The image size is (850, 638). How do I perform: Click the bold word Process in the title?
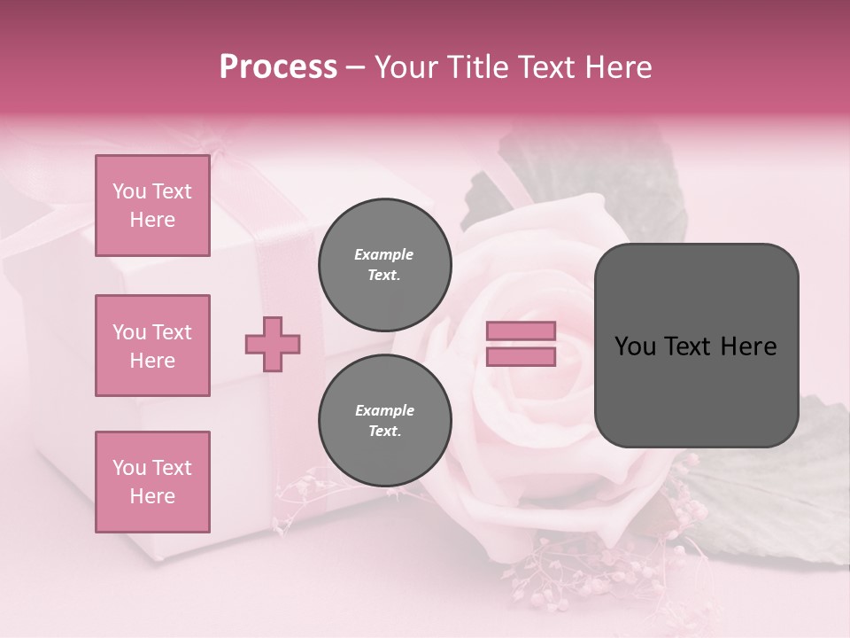[278, 67]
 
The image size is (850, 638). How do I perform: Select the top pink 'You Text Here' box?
[152, 206]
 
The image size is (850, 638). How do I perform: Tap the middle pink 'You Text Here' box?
[152, 346]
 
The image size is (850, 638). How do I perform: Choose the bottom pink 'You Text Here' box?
[152, 482]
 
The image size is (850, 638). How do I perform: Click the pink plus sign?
[273, 344]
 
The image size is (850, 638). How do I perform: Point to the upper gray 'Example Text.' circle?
[384, 265]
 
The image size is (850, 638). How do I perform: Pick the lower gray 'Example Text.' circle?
[384, 421]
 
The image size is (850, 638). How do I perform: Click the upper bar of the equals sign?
[521, 331]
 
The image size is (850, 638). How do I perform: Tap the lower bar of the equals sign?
[521, 356]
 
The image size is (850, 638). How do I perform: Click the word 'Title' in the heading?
[479, 67]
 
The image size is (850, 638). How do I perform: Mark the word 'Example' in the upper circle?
[384, 255]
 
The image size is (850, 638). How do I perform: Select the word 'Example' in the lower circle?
[384, 411]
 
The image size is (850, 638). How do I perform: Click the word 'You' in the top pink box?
[129, 191]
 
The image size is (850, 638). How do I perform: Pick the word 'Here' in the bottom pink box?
[152, 496]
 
